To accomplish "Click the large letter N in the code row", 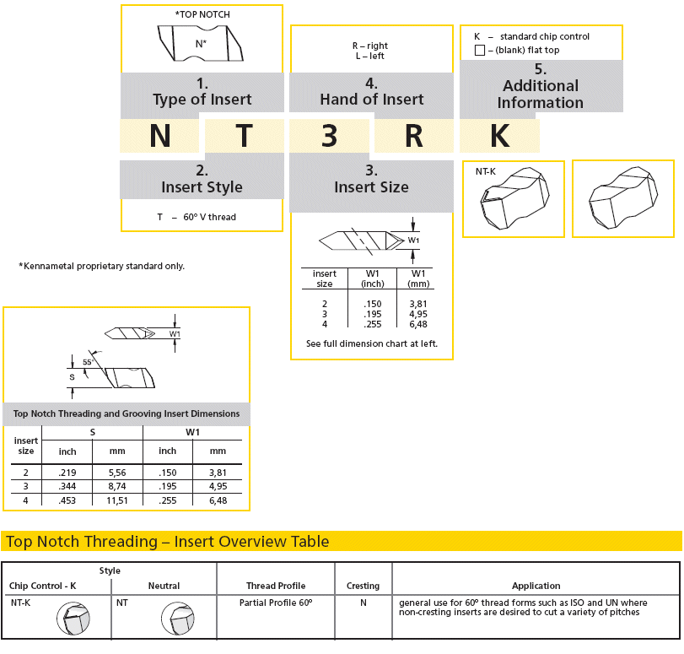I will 160,136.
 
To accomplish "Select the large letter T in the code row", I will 244,136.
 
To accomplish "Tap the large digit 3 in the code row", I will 330,136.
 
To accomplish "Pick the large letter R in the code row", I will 413,136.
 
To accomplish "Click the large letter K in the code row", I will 499,136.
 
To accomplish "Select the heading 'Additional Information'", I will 540,94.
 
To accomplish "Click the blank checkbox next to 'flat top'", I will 480,51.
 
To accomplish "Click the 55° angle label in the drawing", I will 88,362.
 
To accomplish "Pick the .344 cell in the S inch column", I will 67,487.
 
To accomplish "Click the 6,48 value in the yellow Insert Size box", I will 417,324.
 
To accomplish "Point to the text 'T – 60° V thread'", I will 197,217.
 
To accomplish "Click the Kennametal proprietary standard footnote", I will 101,266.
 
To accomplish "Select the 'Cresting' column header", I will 364,586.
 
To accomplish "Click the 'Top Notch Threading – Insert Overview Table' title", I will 167,542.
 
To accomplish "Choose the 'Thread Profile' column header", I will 276,586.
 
